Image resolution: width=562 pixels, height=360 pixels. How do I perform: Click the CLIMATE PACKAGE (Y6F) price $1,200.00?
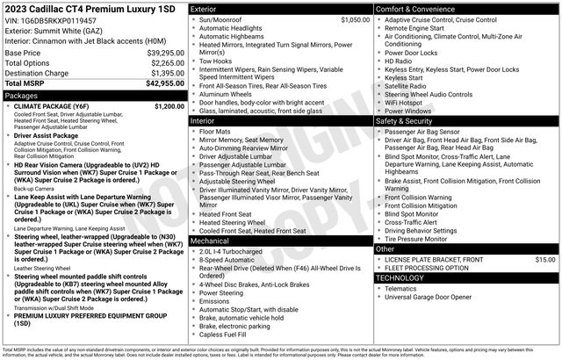(x=169, y=105)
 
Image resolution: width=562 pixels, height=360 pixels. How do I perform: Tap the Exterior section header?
(x=207, y=8)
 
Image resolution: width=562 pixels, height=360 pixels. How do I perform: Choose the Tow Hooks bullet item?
(x=216, y=61)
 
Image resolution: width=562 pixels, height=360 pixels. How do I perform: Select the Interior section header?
(x=206, y=120)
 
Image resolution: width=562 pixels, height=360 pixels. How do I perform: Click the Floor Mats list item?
(x=215, y=131)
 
